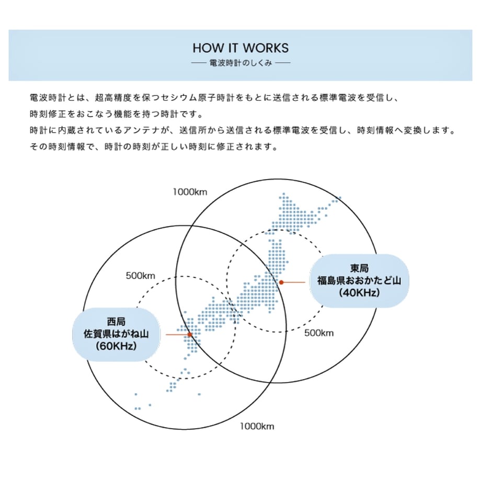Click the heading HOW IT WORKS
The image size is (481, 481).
241,48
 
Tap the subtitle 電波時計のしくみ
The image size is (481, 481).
241,63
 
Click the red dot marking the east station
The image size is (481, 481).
281,282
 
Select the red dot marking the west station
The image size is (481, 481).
190,335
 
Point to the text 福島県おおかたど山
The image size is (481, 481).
359,280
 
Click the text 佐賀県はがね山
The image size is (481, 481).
116,334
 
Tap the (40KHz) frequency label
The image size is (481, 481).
359,293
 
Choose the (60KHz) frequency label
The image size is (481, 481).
116,346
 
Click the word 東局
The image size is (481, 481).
359,268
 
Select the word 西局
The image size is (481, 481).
116,322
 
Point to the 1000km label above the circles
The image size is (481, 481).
190,192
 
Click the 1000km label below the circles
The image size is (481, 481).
257,426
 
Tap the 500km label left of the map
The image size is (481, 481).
141,276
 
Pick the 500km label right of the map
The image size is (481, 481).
319,333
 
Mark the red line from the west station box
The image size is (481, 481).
177,335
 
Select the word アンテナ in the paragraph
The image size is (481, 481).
142,130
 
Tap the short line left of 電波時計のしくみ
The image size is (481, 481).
199,63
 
